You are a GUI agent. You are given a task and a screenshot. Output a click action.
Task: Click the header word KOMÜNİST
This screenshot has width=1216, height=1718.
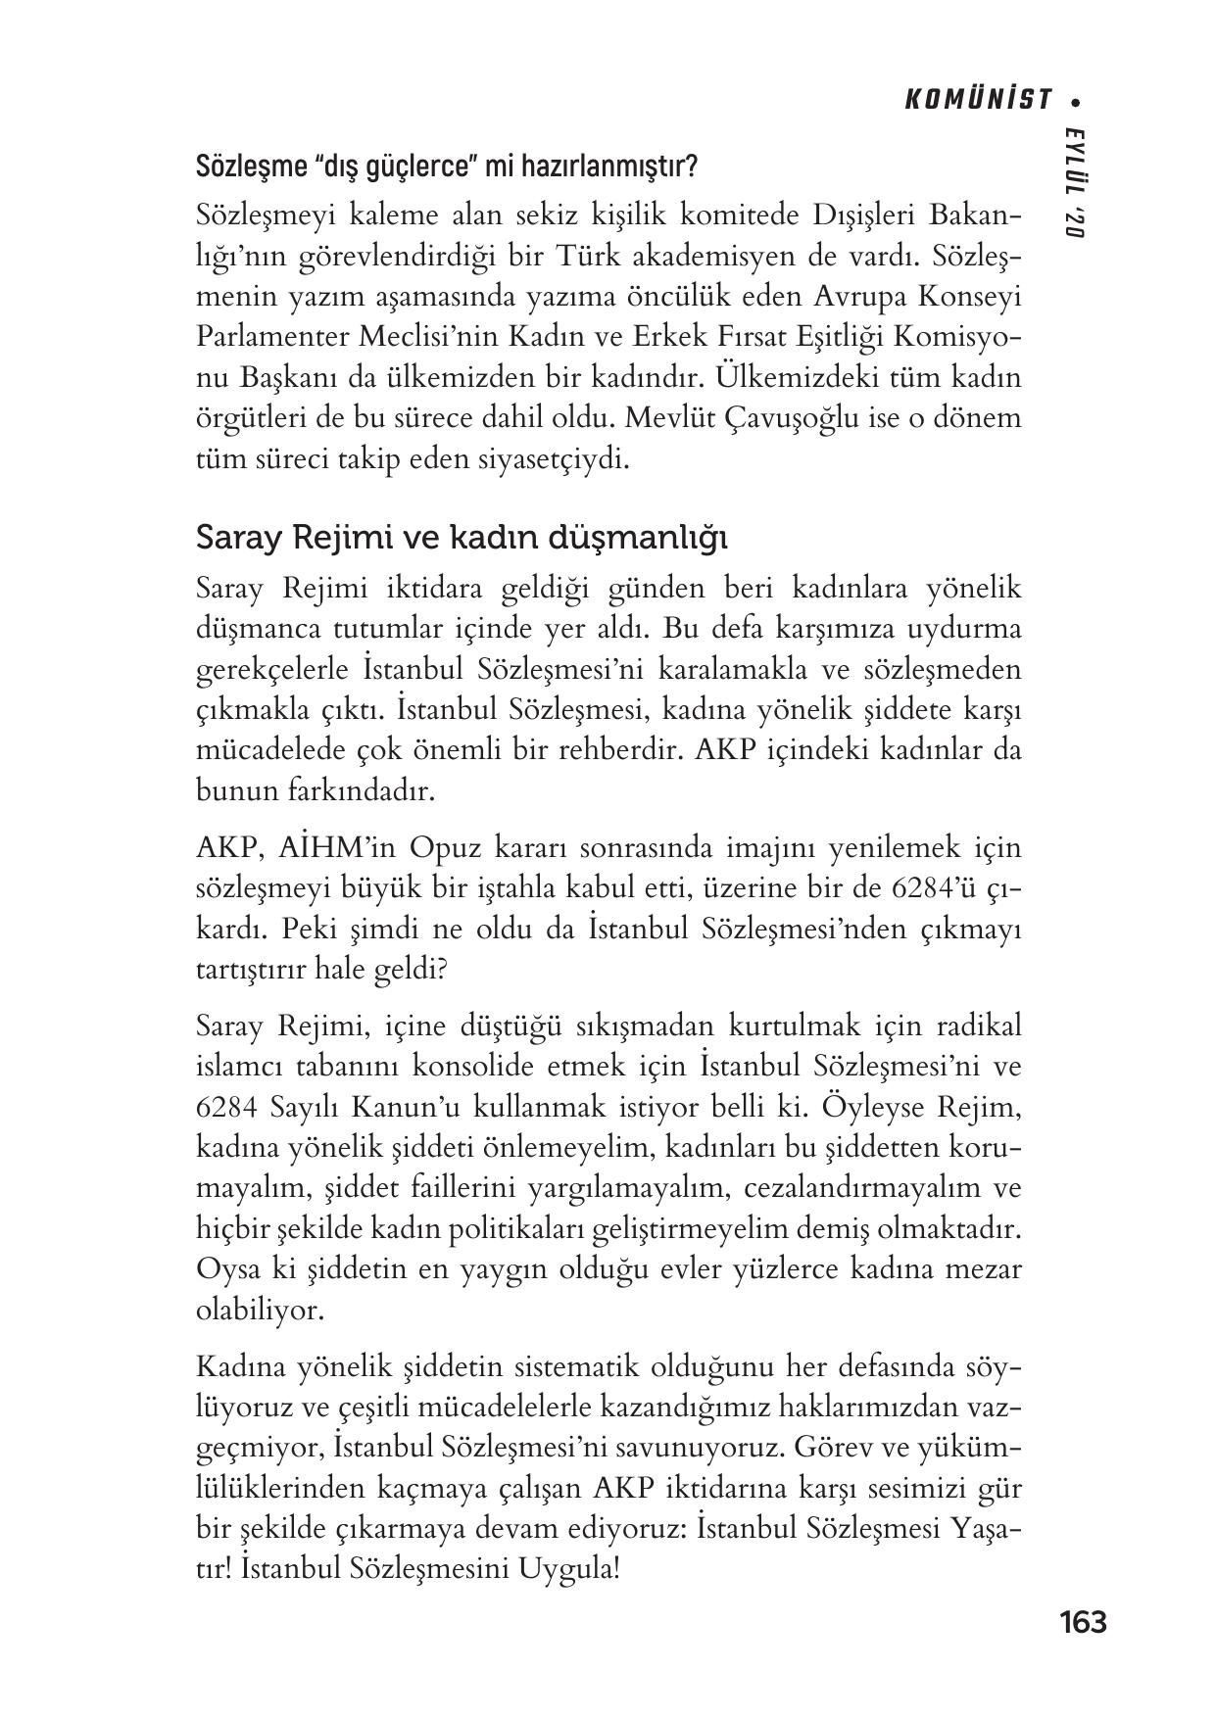[976, 100]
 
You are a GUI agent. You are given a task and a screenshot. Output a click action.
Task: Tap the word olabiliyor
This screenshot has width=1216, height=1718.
[260, 1311]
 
